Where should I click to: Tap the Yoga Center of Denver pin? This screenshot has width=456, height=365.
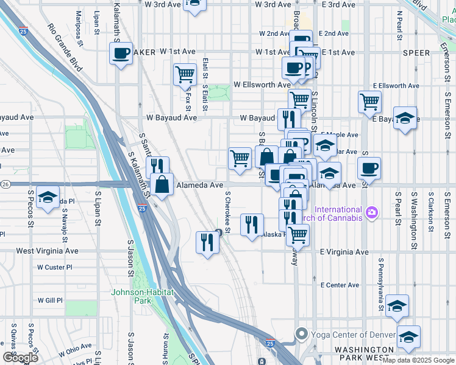(x=301, y=334)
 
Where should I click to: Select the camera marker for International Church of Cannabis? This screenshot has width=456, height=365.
(x=372, y=212)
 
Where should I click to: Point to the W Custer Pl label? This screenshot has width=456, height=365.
(x=54, y=267)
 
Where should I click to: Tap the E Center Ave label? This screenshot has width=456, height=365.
(x=340, y=285)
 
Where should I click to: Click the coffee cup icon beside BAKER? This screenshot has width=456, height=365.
(x=121, y=54)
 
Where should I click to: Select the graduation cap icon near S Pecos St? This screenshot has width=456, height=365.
(x=48, y=198)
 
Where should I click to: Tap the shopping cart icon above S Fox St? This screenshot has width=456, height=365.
(x=185, y=75)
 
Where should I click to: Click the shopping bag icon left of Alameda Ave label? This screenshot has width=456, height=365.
(x=163, y=184)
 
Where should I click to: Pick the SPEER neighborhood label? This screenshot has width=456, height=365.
(x=418, y=53)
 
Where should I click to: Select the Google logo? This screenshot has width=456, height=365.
(x=20, y=358)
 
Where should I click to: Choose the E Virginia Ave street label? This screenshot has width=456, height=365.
(x=344, y=252)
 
